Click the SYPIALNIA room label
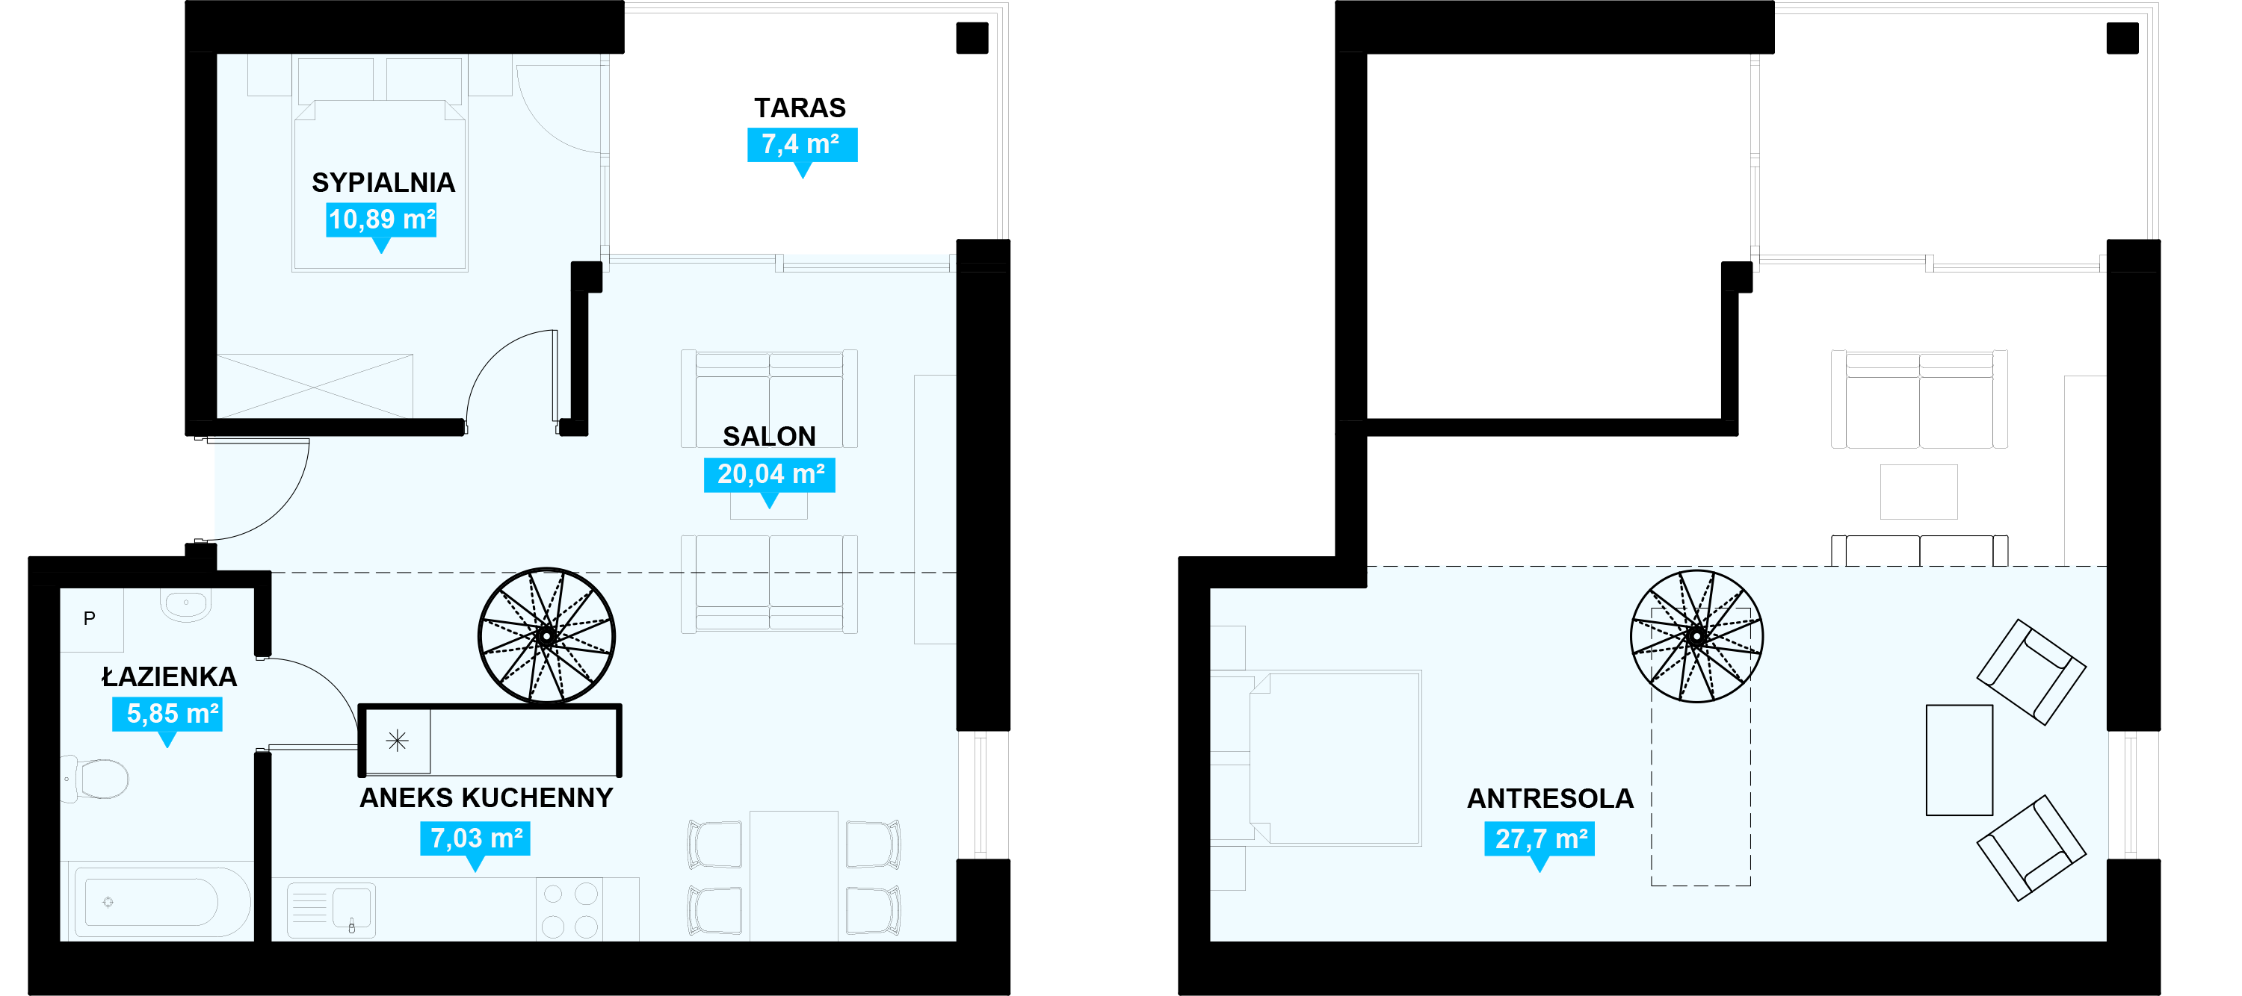coord(383,183)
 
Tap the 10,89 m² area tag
coord(381,220)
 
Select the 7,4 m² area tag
coord(802,144)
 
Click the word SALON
coord(770,436)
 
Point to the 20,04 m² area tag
coord(770,474)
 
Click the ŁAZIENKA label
coord(169,676)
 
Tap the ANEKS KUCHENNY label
coord(486,797)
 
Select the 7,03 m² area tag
coord(475,838)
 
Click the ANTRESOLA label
coord(1550,799)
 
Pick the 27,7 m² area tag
coord(1539,839)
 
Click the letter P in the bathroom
coord(89,618)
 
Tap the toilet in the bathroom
coord(97,779)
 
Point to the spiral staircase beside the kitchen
coord(546,636)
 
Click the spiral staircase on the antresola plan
coord(1696,636)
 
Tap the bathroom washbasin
coord(186,604)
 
